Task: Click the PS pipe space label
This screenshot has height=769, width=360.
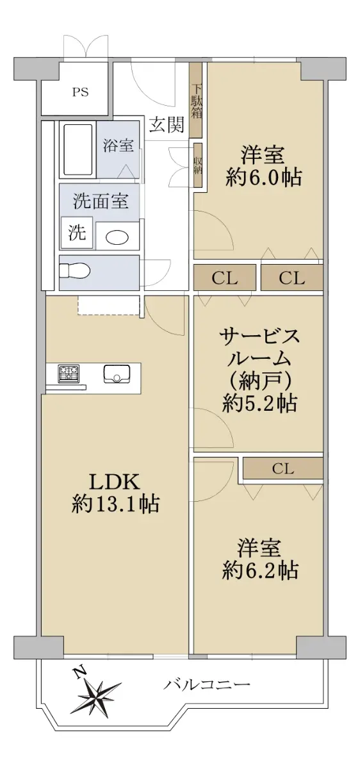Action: (x=80, y=92)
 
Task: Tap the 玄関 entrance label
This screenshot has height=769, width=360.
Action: (x=167, y=124)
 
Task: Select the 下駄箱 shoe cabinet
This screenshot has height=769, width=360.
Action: (x=197, y=99)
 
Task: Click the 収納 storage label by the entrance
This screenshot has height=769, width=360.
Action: (x=198, y=165)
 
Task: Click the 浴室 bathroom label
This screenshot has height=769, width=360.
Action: (x=118, y=145)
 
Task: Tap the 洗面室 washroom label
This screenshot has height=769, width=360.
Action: (x=101, y=201)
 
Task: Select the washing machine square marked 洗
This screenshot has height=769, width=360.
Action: (x=77, y=233)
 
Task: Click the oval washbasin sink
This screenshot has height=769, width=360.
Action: (x=117, y=238)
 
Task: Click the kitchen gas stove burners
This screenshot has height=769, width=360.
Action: (x=69, y=374)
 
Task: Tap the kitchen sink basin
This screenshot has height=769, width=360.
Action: (x=117, y=374)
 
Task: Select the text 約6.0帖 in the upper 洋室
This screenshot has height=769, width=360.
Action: (x=263, y=178)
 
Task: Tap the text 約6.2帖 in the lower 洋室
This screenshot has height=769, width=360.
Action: (x=260, y=570)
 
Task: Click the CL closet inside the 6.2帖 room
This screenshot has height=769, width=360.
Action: (x=283, y=468)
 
